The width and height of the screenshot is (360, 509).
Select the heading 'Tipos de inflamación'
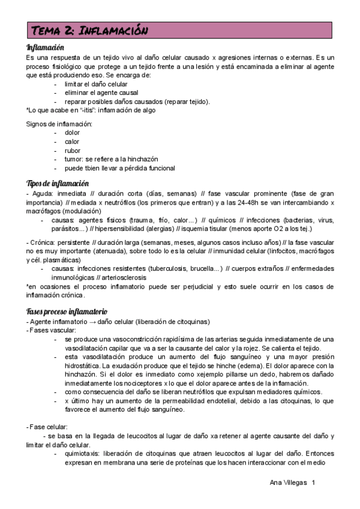point(58,183)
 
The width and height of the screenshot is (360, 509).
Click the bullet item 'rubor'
point(73,151)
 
